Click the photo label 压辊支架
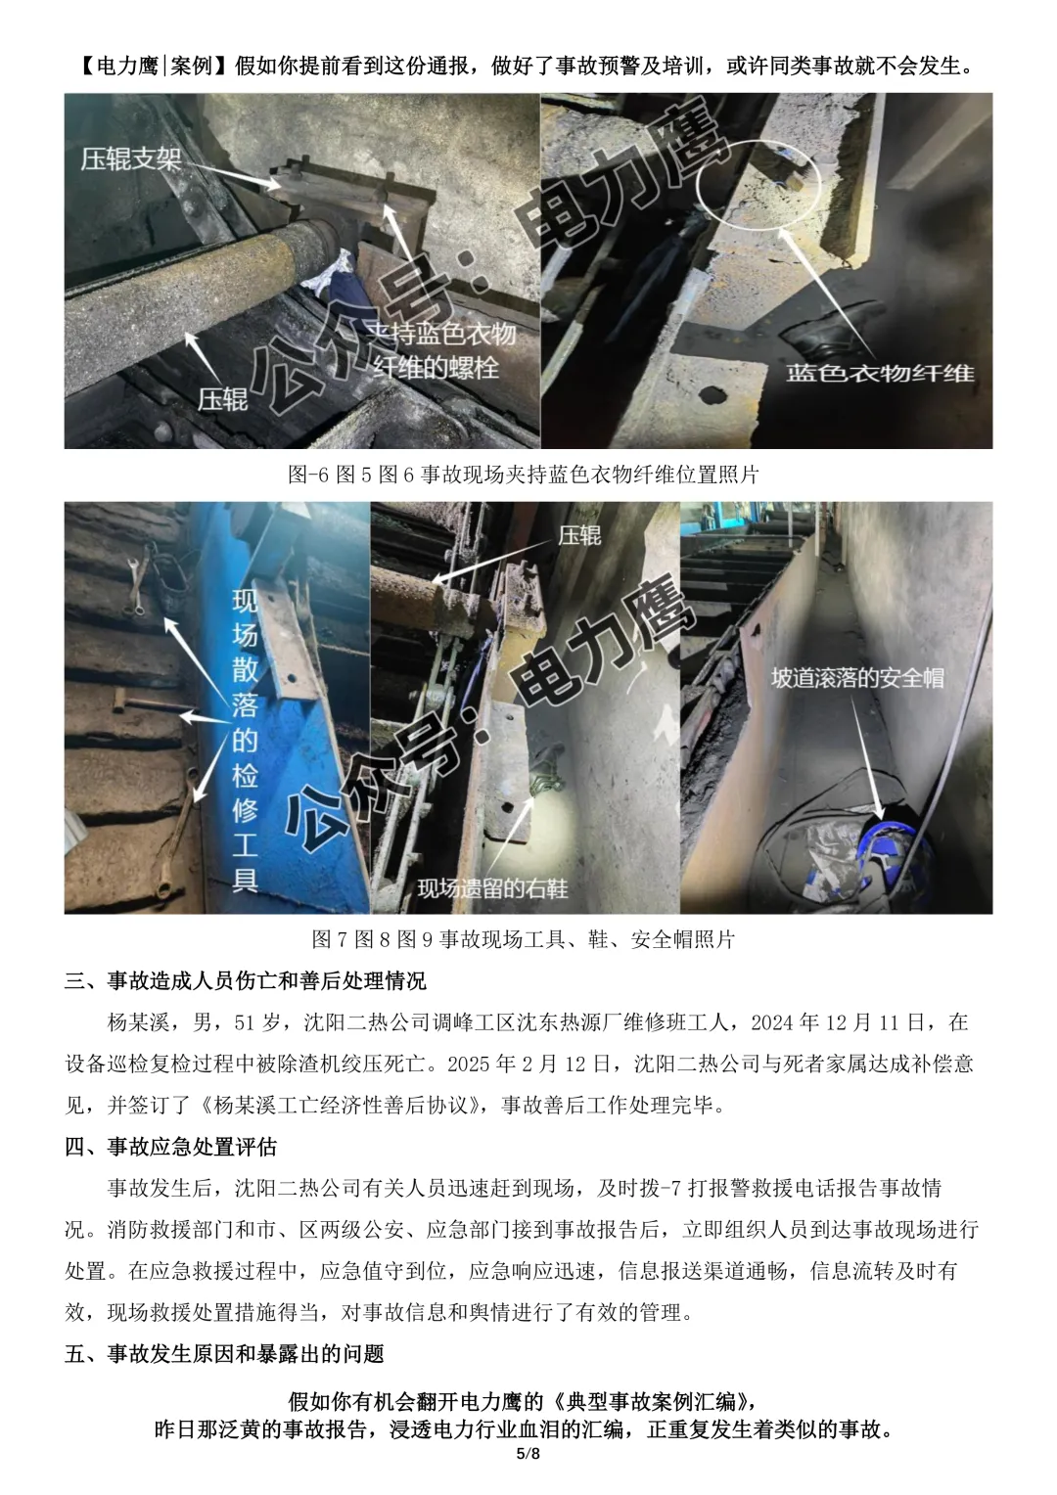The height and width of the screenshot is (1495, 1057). point(131,159)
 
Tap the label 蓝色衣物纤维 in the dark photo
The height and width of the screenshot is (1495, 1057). point(880,373)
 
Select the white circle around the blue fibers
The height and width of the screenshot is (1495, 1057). point(758,185)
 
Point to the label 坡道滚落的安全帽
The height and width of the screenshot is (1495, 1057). point(858,678)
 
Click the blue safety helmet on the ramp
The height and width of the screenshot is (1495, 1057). point(888,858)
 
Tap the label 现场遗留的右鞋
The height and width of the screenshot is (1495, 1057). point(492,888)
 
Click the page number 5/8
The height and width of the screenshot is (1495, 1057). point(528,1472)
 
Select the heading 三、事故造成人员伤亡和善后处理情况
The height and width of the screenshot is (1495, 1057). point(245,980)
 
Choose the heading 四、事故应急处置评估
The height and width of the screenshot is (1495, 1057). point(171,1147)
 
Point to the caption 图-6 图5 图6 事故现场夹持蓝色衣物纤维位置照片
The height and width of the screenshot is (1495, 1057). point(524,475)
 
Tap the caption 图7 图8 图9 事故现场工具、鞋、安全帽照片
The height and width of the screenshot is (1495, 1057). point(524,939)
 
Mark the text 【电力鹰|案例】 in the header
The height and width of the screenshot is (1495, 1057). point(156,66)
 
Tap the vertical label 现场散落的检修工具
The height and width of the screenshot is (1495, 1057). point(245,740)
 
